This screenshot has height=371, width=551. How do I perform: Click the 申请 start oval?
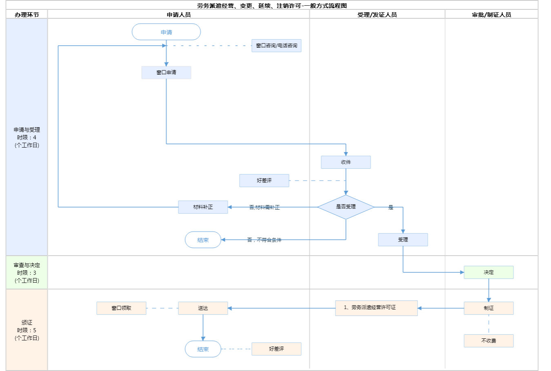tap(166, 32)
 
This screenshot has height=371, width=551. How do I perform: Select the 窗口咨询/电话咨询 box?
tap(276, 46)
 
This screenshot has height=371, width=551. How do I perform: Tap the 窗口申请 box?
tap(166, 73)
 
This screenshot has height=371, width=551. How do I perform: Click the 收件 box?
tap(346, 162)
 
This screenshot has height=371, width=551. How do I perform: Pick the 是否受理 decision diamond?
tap(346, 207)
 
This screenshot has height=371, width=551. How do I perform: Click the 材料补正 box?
tap(203, 207)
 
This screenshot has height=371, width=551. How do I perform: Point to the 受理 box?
tap(403, 240)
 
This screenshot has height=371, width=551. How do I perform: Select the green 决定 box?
tap(489, 272)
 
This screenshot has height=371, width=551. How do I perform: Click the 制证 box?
tap(489, 308)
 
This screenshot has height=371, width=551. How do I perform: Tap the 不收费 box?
tap(489, 341)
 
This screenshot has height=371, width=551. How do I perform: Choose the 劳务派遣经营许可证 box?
tap(376, 308)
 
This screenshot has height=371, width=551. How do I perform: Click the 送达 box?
tap(203, 308)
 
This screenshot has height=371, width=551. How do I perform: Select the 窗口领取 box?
tap(121, 308)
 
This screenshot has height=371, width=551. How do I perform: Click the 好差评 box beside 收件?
tap(264, 181)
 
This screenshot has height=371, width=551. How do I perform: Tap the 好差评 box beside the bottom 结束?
tap(276, 349)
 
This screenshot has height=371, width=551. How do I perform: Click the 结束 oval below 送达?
tap(203, 349)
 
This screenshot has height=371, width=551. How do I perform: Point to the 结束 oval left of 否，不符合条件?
tap(203, 240)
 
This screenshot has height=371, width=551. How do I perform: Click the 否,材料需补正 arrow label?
tap(264, 208)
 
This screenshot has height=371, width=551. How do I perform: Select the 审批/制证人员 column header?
tap(491, 15)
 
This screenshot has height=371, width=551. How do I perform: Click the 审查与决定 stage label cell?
tap(27, 273)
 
